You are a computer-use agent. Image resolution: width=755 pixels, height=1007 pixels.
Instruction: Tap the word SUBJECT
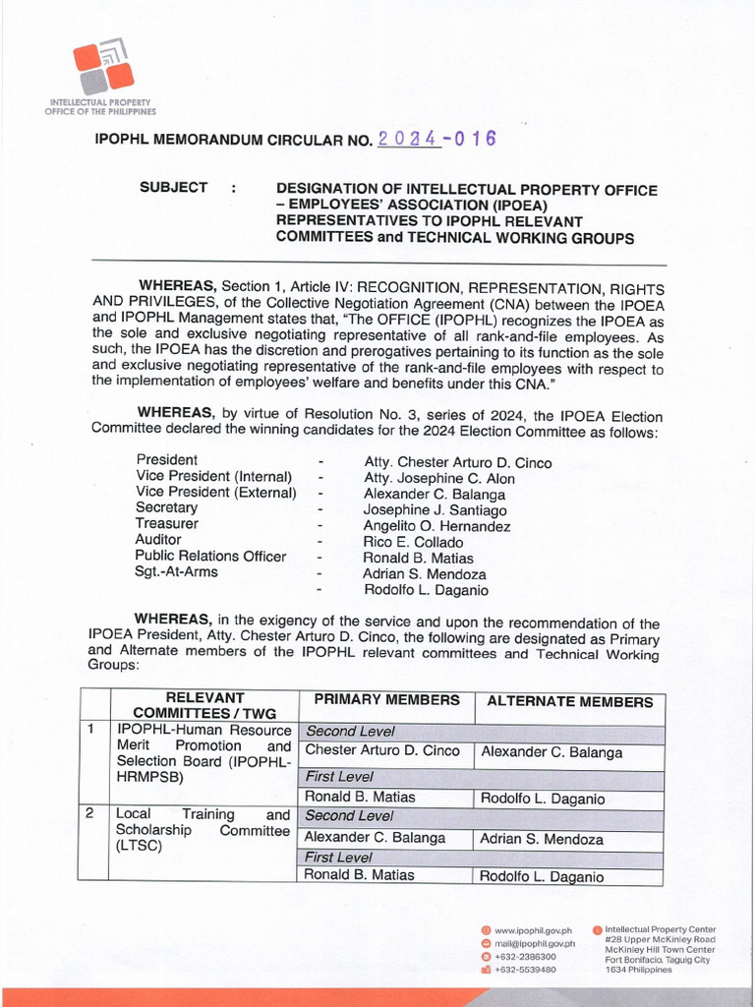(174, 188)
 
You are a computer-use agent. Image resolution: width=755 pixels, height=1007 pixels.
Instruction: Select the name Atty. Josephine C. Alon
(438, 479)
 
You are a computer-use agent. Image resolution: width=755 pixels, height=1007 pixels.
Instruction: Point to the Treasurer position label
(167, 524)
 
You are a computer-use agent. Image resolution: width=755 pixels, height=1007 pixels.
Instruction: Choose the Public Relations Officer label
(210, 557)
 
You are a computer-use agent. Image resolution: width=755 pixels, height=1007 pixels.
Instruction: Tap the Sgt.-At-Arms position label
(177, 572)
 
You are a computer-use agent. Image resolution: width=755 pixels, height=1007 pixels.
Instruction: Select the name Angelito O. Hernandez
(436, 526)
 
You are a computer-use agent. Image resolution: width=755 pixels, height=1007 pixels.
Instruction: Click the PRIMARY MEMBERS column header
(386, 700)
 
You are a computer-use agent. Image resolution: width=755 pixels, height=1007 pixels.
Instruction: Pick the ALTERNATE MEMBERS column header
(570, 702)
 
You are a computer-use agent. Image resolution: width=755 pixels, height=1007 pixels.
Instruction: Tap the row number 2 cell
(90, 814)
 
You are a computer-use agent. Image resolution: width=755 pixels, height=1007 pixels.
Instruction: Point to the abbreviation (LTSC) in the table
(141, 847)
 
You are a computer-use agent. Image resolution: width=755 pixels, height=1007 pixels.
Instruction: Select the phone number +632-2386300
(525, 956)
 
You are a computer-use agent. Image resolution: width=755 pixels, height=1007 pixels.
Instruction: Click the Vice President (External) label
(215, 493)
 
